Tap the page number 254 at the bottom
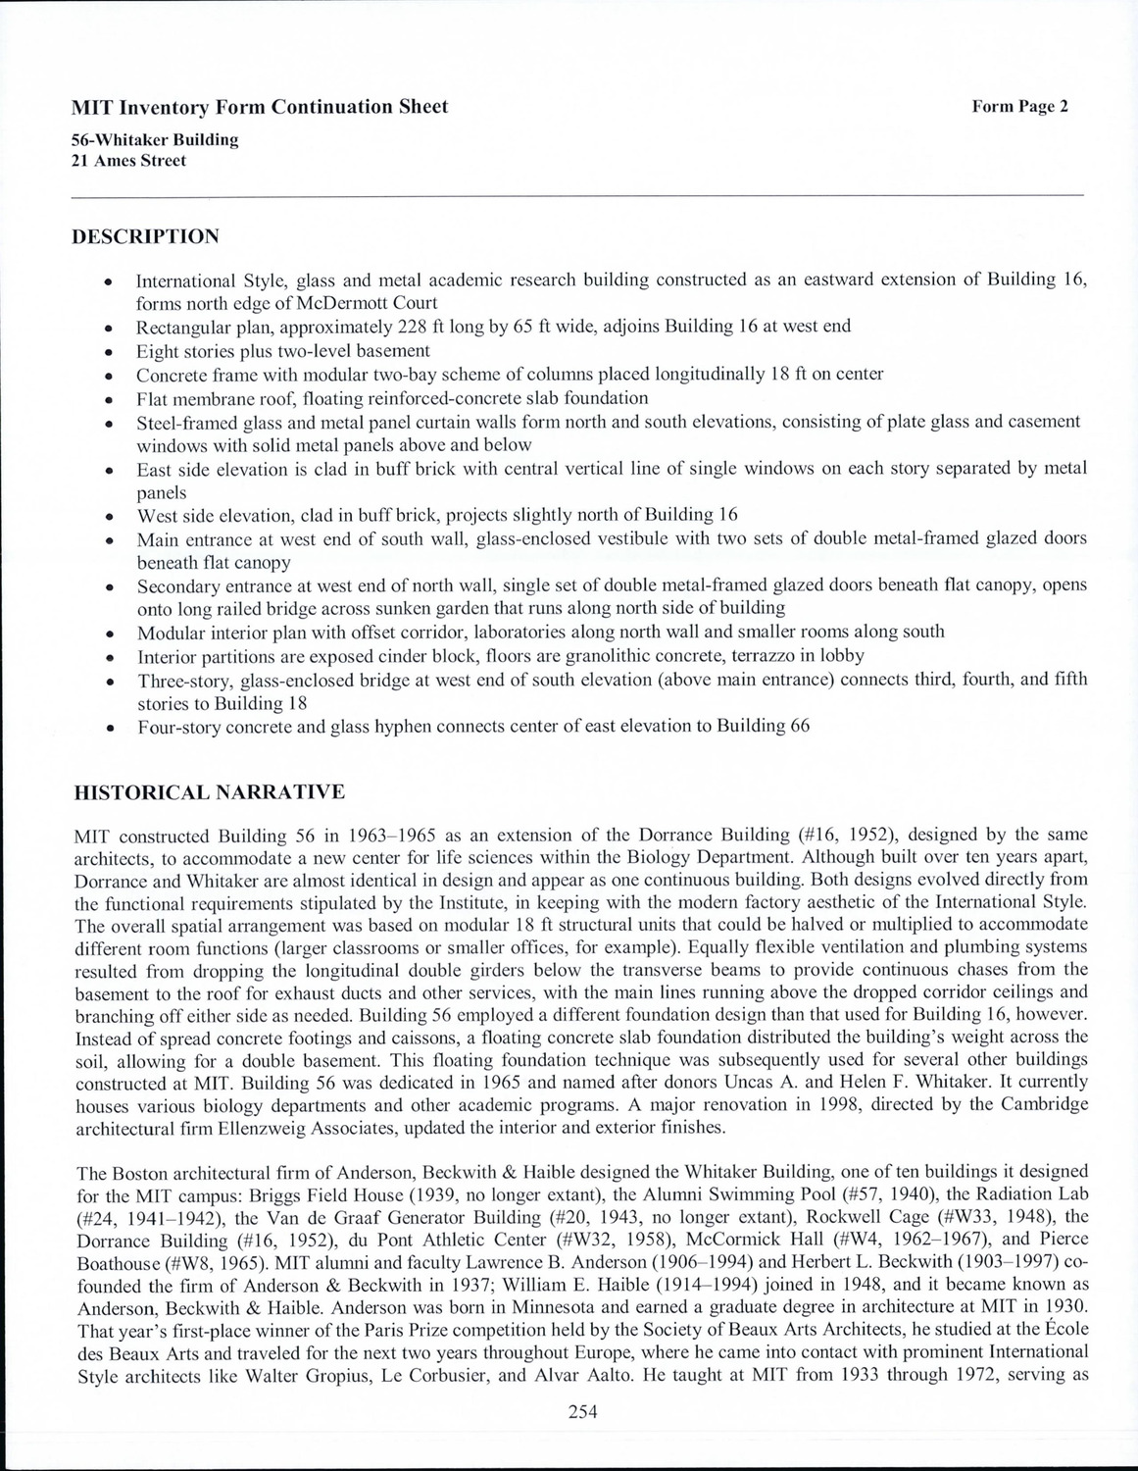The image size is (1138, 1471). (582, 1412)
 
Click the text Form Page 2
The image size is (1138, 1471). (1018, 107)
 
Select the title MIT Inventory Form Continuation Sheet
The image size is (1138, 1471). (260, 107)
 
